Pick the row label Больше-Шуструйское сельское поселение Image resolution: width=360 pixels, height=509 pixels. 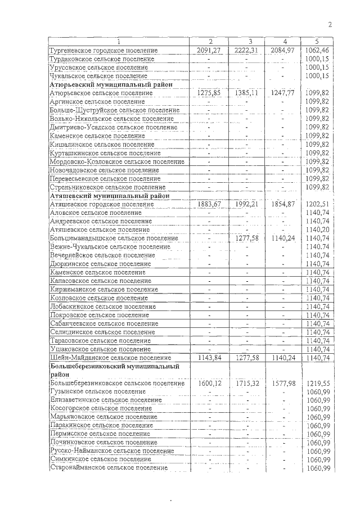coord(115,110)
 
